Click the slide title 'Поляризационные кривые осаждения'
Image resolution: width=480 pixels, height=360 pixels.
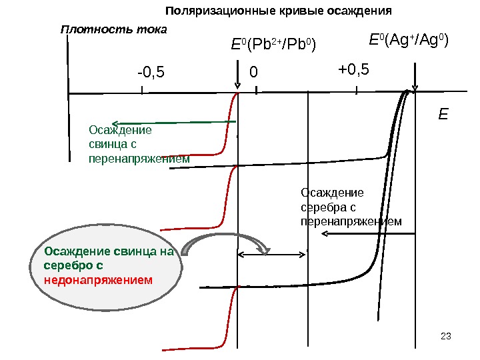tap(278, 11)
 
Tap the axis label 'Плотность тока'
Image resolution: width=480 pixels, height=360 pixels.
tap(113, 30)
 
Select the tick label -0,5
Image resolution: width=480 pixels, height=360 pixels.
tap(151, 71)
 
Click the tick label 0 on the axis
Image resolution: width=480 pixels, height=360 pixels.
tap(253, 71)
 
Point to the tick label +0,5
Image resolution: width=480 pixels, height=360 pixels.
tap(353, 70)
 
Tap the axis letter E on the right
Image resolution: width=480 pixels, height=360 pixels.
tap(443, 115)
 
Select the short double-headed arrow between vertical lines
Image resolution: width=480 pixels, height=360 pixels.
tap(273, 253)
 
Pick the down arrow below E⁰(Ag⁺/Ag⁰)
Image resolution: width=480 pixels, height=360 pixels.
tap(415, 77)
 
